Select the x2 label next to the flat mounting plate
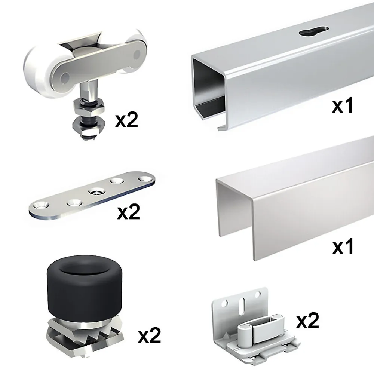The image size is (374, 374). pos(129,212)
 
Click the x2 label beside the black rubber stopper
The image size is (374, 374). pos(150,335)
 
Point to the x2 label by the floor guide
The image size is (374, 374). pos(308,321)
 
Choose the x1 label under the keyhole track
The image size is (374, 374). pos(343,106)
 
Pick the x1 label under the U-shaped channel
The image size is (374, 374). pos(343,247)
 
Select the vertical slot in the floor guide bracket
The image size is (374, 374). pos(242,304)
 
